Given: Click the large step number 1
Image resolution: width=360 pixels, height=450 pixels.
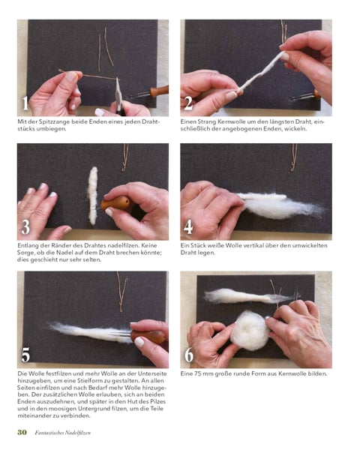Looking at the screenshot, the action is point(25,103).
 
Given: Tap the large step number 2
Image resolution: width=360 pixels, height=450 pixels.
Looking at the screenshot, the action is point(188,103).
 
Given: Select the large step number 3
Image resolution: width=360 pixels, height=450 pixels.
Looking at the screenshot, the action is point(25,227).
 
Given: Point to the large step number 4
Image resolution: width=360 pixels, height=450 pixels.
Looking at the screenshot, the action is point(188,227).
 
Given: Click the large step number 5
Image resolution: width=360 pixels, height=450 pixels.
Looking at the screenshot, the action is point(25,355).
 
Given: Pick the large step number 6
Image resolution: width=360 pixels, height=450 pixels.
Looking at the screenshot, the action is point(188,355).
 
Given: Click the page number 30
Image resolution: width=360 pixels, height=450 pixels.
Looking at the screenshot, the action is point(22,432).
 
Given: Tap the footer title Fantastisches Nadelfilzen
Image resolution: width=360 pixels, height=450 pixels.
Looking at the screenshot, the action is point(62,433).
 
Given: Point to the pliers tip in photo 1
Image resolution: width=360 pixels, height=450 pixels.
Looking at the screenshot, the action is point(117,78).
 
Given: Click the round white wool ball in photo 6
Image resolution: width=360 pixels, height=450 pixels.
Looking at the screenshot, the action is point(249,330).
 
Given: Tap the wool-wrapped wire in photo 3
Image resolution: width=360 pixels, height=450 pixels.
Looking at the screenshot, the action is point(92,196).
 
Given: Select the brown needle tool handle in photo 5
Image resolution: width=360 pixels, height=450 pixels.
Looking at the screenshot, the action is point(148,336).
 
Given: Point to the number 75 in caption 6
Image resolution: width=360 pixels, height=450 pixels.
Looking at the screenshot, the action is point(197,373).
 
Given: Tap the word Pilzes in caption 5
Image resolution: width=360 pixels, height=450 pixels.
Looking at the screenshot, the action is point(157,401).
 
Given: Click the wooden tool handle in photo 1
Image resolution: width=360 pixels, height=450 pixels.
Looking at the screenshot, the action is point(159,91).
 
